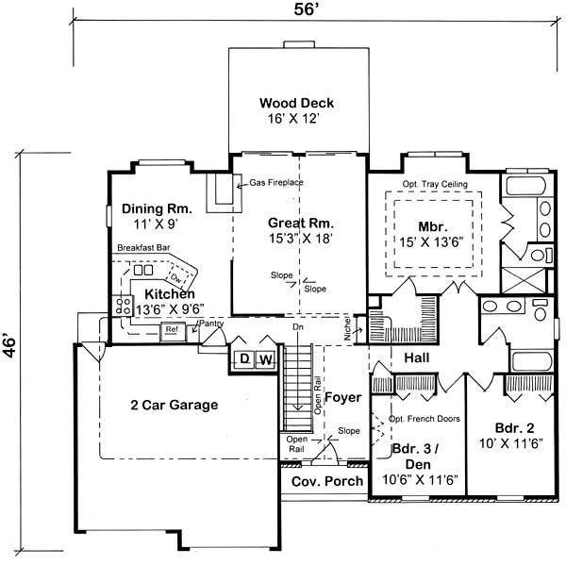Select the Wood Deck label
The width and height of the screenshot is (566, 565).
coord(296,103)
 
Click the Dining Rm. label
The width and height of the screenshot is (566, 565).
coord(157,208)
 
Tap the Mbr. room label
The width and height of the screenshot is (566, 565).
coord(433,227)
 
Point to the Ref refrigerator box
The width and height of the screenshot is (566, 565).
coord(173,330)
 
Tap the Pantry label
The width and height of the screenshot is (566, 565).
coord(208,323)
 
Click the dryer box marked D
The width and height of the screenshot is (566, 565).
coord(242,359)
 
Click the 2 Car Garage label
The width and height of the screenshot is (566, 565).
coord(174,406)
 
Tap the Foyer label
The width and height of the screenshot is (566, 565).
coord(343,398)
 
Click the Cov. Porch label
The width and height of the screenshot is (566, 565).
coord(325,481)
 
